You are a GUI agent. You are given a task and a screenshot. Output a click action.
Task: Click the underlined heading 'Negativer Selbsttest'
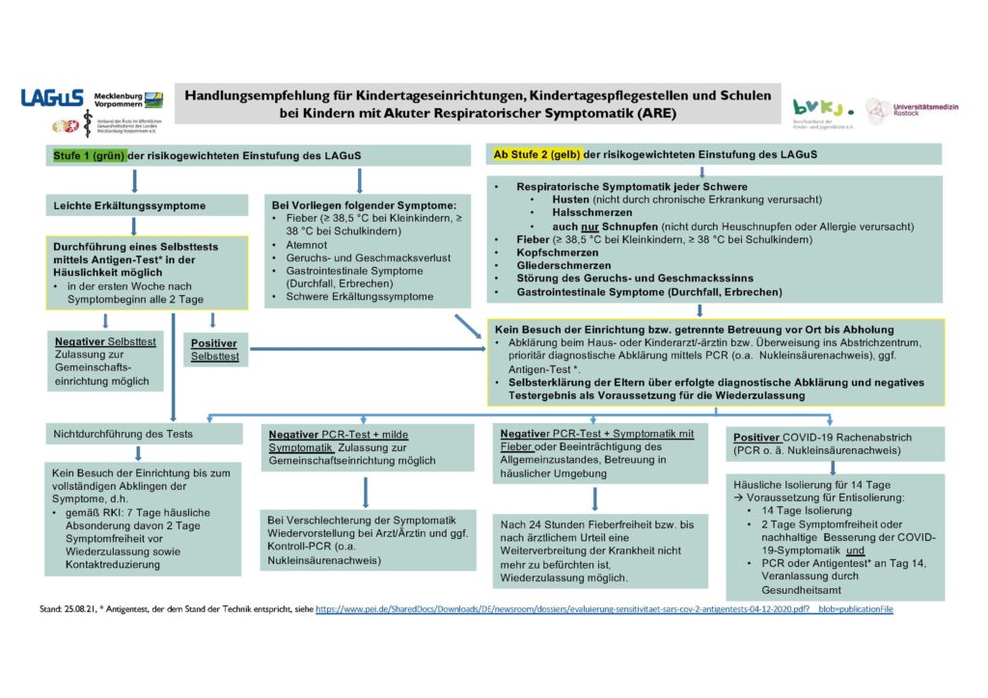click(x=104, y=342)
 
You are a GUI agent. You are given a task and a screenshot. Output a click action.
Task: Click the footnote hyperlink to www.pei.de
click(x=603, y=610)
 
